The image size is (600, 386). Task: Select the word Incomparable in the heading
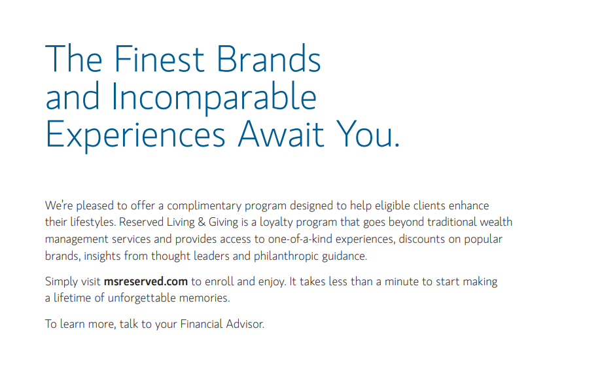point(214,97)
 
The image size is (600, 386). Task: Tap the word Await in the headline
point(281,134)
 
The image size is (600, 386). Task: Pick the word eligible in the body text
point(391,206)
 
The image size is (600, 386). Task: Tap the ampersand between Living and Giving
point(202,222)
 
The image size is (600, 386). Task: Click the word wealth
point(496,222)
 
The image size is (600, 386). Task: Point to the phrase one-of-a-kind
point(300,239)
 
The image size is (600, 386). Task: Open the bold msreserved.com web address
point(146,281)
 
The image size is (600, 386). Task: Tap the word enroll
point(219,281)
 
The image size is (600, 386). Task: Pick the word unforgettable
point(141,298)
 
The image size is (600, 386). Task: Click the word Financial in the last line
point(202,324)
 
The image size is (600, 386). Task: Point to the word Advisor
point(245,324)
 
